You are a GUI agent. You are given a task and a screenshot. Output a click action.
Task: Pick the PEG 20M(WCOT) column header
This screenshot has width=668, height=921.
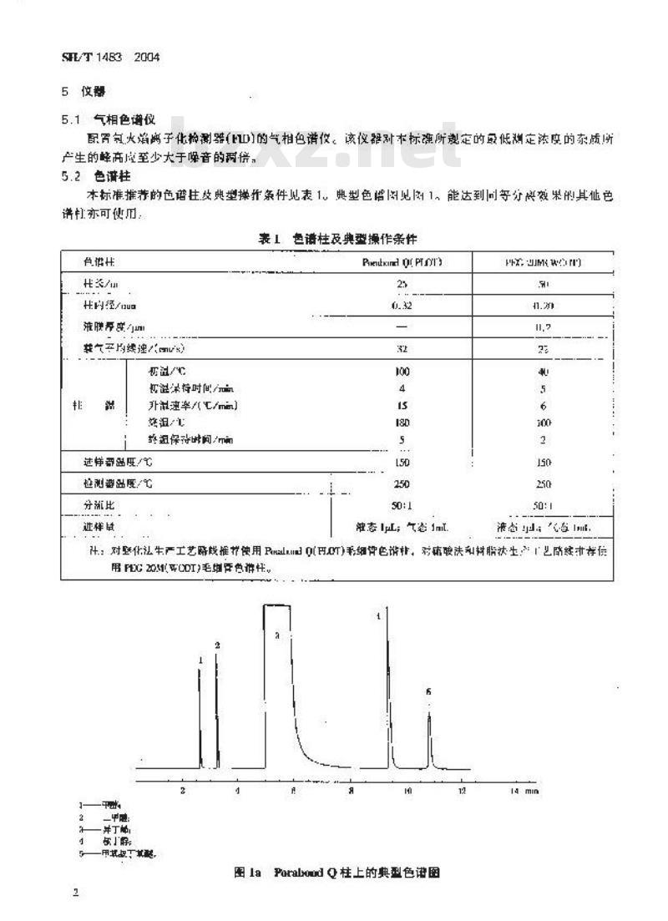coord(544,261)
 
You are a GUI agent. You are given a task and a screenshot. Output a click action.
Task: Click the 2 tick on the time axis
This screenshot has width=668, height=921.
coord(183,789)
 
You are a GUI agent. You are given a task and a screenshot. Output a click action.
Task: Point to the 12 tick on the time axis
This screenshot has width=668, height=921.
coord(461,789)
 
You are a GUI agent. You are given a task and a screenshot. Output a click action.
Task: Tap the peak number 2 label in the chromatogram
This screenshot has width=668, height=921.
coord(217,645)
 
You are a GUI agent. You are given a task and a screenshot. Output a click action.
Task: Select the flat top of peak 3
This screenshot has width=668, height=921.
coord(277,605)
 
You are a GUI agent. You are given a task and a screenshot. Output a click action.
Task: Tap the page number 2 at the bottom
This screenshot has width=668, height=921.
coord(75,893)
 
